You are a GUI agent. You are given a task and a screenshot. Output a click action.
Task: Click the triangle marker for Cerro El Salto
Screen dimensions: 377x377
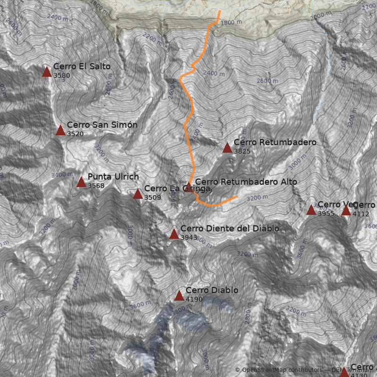pos(47,72)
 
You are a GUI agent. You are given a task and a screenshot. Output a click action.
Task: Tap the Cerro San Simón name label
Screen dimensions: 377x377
pos(102,125)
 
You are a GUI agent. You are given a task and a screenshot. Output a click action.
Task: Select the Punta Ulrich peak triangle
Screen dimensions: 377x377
pos(81,182)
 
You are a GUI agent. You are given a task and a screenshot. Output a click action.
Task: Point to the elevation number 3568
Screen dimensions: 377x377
pos(96,186)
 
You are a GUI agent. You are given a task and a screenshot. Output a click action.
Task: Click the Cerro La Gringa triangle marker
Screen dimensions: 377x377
pos(138,194)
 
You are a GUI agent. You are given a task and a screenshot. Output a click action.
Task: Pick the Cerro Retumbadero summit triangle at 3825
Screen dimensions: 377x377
pos(227,148)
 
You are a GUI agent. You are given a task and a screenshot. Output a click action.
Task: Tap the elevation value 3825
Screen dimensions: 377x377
pos(242,152)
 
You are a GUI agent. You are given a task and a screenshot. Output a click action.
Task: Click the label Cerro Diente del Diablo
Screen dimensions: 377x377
pos(229,229)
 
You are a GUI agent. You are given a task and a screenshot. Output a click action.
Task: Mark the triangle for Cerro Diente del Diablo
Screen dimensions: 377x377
pos(174,234)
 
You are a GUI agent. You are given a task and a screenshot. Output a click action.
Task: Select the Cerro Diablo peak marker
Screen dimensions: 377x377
pos(179,295)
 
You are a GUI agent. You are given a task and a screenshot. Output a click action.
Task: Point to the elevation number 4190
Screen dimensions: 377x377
pos(194,299)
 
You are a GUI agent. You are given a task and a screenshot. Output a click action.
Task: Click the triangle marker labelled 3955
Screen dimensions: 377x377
pos(311,210)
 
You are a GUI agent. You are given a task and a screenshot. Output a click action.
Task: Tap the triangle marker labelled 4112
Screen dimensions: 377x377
pos(346,210)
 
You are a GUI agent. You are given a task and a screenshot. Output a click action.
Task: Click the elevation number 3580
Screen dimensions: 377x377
pos(61,75)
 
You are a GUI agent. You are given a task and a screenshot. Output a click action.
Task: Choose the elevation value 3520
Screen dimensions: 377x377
pos(75,134)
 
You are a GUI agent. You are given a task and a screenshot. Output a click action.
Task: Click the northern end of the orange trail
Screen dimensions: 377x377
pos(220,10)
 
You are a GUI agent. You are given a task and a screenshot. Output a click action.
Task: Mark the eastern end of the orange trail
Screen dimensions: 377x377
pos(238,196)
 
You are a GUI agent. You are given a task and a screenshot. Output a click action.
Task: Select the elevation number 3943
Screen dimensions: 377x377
pos(188,238)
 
